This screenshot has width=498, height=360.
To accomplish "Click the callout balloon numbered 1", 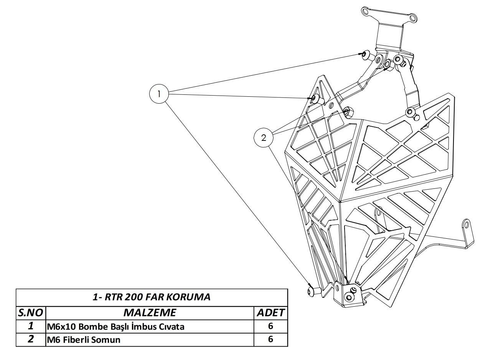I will (x=158, y=94).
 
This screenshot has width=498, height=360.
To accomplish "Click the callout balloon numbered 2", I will (x=264, y=138).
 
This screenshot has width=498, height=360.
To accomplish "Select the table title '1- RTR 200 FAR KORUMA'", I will (x=152, y=297).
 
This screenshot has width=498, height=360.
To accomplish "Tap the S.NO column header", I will (x=31, y=312).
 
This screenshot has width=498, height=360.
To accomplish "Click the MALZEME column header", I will (x=150, y=312).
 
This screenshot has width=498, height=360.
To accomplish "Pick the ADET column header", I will (x=270, y=312).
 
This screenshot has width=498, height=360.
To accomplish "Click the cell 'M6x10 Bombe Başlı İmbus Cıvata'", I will (x=115, y=327).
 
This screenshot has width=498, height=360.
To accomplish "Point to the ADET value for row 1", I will (x=270, y=326).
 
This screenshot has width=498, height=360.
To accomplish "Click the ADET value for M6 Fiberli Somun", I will (x=270, y=339).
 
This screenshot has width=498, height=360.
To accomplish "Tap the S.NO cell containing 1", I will (x=31, y=326).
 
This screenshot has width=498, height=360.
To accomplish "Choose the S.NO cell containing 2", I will (x=31, y=339).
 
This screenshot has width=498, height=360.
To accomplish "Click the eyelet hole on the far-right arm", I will (x=467, y=224).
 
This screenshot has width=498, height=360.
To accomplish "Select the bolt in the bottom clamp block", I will (x=349, y=297).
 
